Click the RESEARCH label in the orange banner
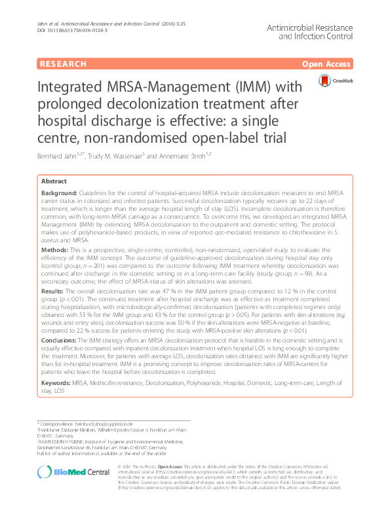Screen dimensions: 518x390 click(63, 64)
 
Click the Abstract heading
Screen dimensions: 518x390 click(54, 181)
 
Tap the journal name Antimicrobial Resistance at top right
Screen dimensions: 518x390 click(321, 29)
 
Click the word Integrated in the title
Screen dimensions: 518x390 click(71, 87)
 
